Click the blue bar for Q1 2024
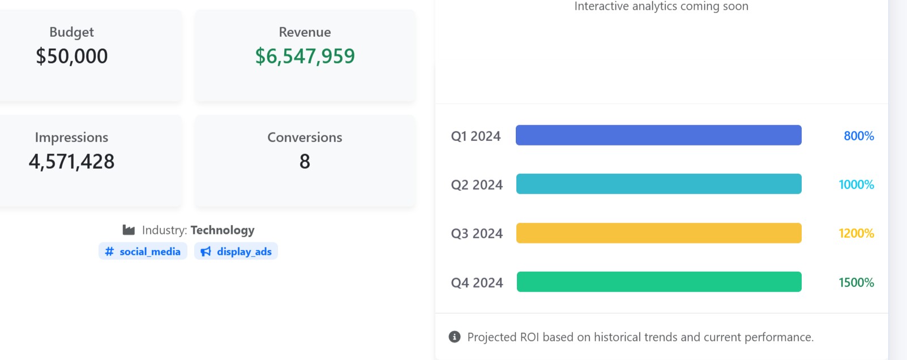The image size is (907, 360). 658,135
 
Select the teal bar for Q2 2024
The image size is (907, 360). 658,184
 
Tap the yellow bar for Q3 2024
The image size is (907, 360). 658,233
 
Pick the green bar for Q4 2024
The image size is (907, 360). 659,282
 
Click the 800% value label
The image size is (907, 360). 858,136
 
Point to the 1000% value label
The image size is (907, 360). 856,185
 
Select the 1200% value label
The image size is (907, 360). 856,233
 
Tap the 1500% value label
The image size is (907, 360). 856,282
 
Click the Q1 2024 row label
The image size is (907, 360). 476,136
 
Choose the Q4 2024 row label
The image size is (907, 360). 477,283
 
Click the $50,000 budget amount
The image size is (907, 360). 72,56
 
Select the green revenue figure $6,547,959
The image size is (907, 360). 305,56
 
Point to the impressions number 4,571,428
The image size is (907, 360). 72,162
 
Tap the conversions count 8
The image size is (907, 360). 305,162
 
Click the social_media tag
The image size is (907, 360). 143,251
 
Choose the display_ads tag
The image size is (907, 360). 236,251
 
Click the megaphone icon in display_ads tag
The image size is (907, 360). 206,251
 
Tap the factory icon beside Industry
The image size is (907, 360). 129,230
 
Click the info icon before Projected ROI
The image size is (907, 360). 455,337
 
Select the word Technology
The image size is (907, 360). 223,230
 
